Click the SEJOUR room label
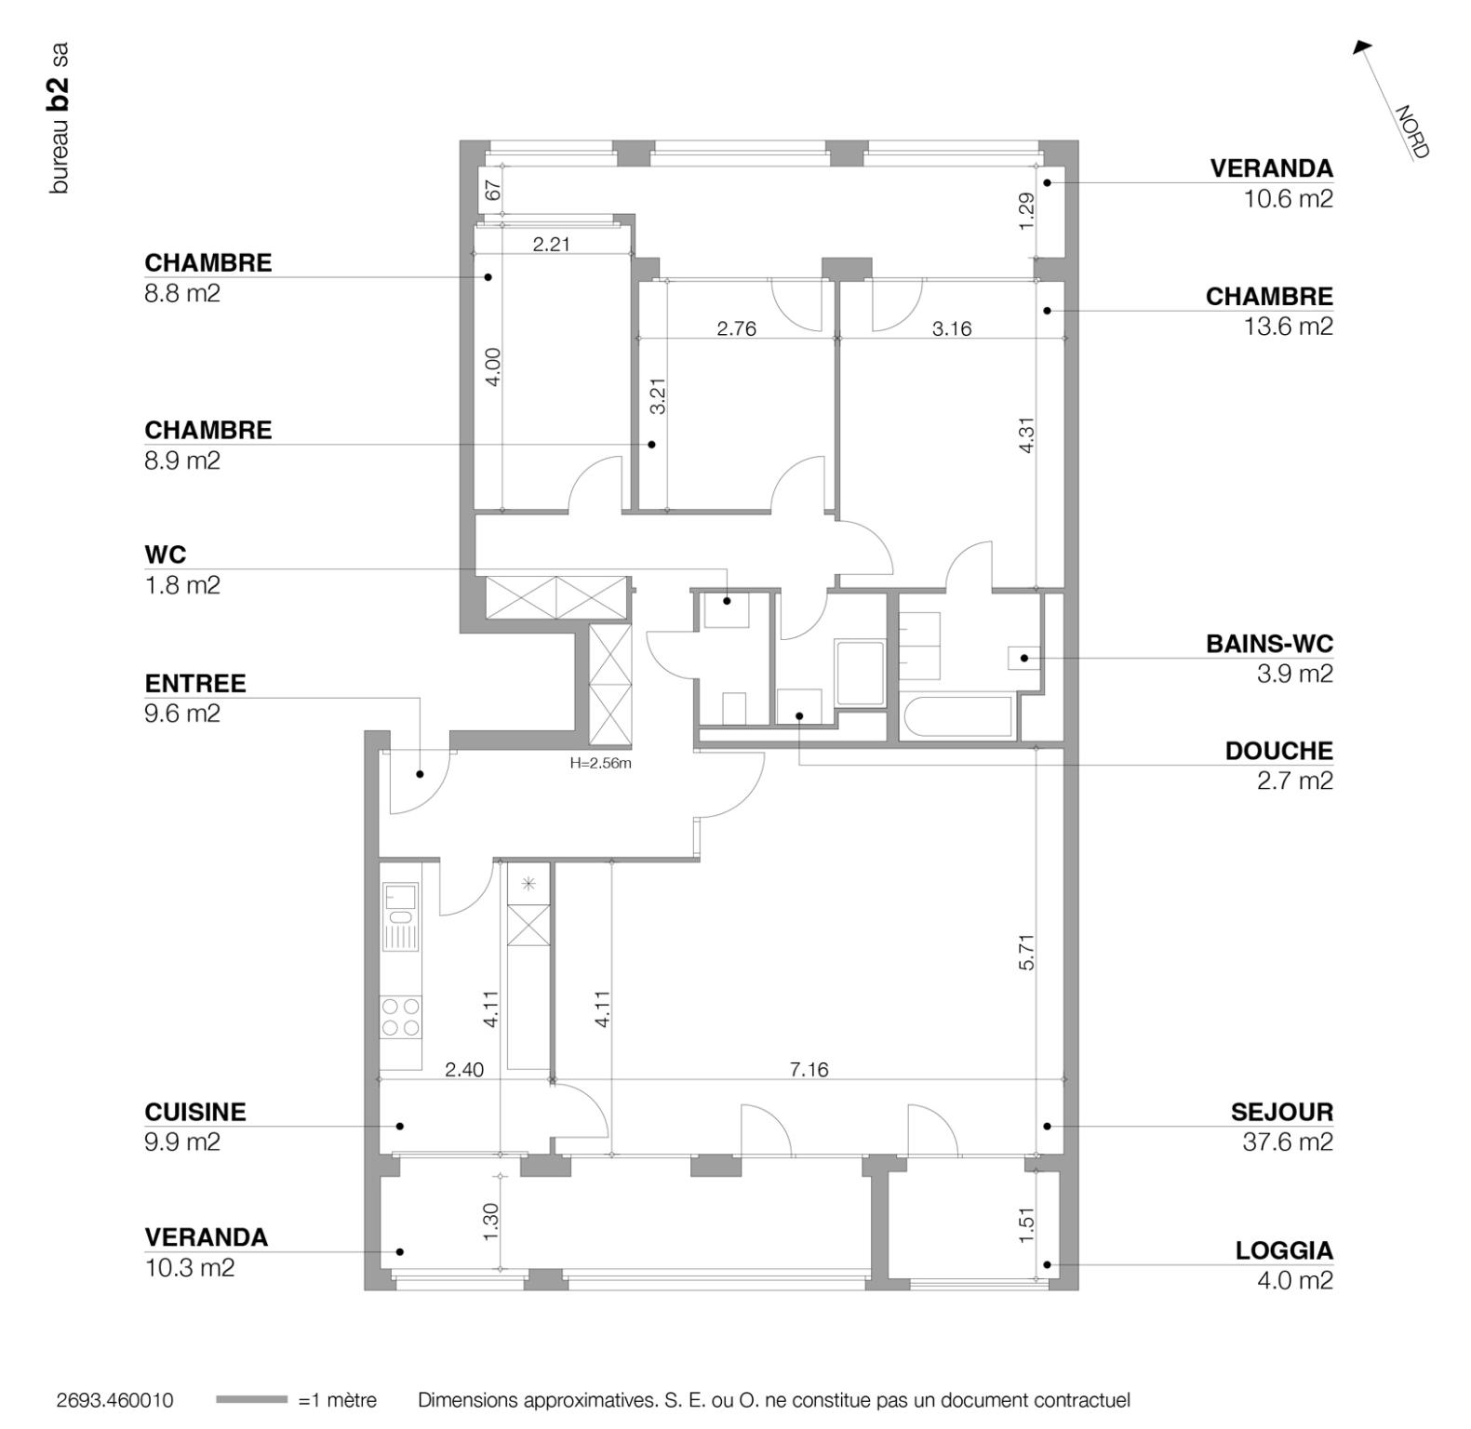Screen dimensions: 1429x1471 pyautogui.click(x=1281, y=1112)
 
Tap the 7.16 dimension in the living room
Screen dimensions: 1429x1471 pyautogui.click(x=809, y=1070)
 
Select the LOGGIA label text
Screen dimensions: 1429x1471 pyautogui.click(x=1283, y=1250)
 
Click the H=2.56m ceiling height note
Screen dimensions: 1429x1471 pyautogui.click(x=600, y=764)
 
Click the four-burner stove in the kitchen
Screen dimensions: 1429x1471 pyautogui.click(x=401, y=1017)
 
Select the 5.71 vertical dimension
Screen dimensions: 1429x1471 pyautogui.click(x=1026, y=952)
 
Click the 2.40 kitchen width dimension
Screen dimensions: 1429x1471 pyautogui.click(x=463, y=1070)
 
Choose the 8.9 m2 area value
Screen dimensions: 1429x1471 pyautogui.click(x=182, y=461)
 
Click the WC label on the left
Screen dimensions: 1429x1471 pyautogui.click(x=166, y=554)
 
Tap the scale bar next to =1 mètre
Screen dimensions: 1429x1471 pyautogui.click(x=251, y=1399)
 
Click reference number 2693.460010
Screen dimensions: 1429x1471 pyautogui.click(x=114, y=1400)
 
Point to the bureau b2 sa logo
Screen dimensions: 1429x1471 pyautogui.click(x=59, y=118)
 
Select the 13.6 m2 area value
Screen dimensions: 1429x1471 pyautogui.click(x=1288, y=327)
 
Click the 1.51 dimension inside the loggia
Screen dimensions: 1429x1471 pyautogui.click(x=1026, y=1224)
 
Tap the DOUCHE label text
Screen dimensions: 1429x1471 pyautogui.click(x=1278, y=751)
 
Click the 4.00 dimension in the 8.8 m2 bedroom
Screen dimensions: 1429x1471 pyautogui.click(x=493, y=367)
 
